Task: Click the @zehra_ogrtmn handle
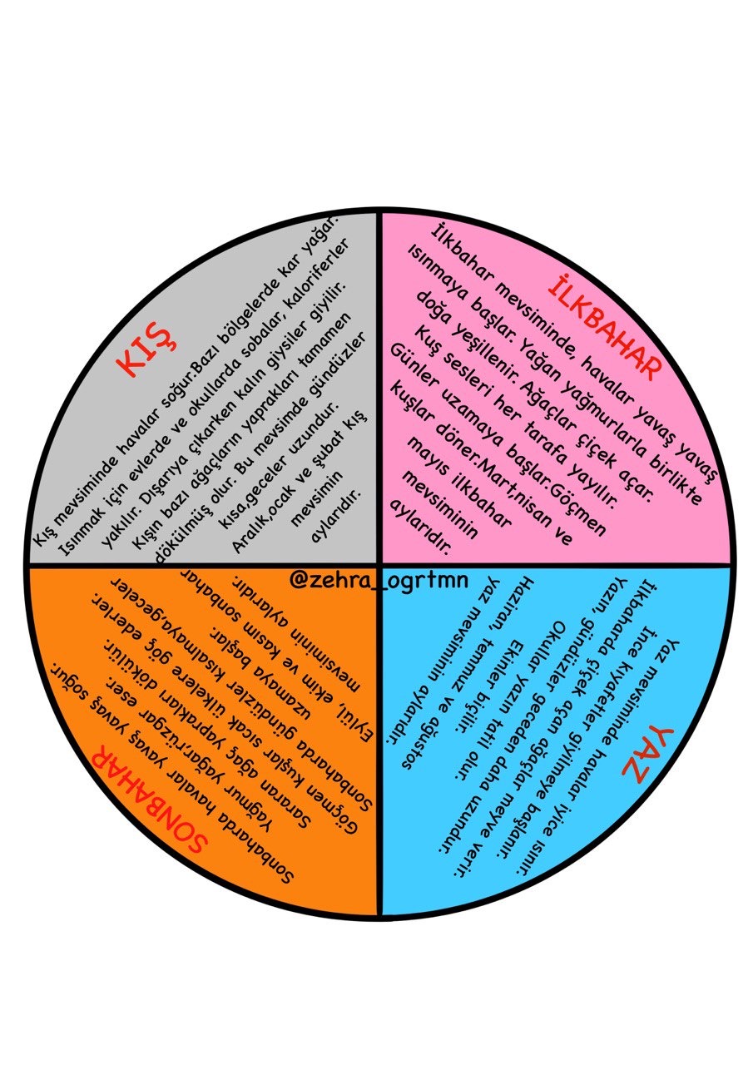pos(379,581)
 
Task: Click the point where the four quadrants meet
pos(379,566)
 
